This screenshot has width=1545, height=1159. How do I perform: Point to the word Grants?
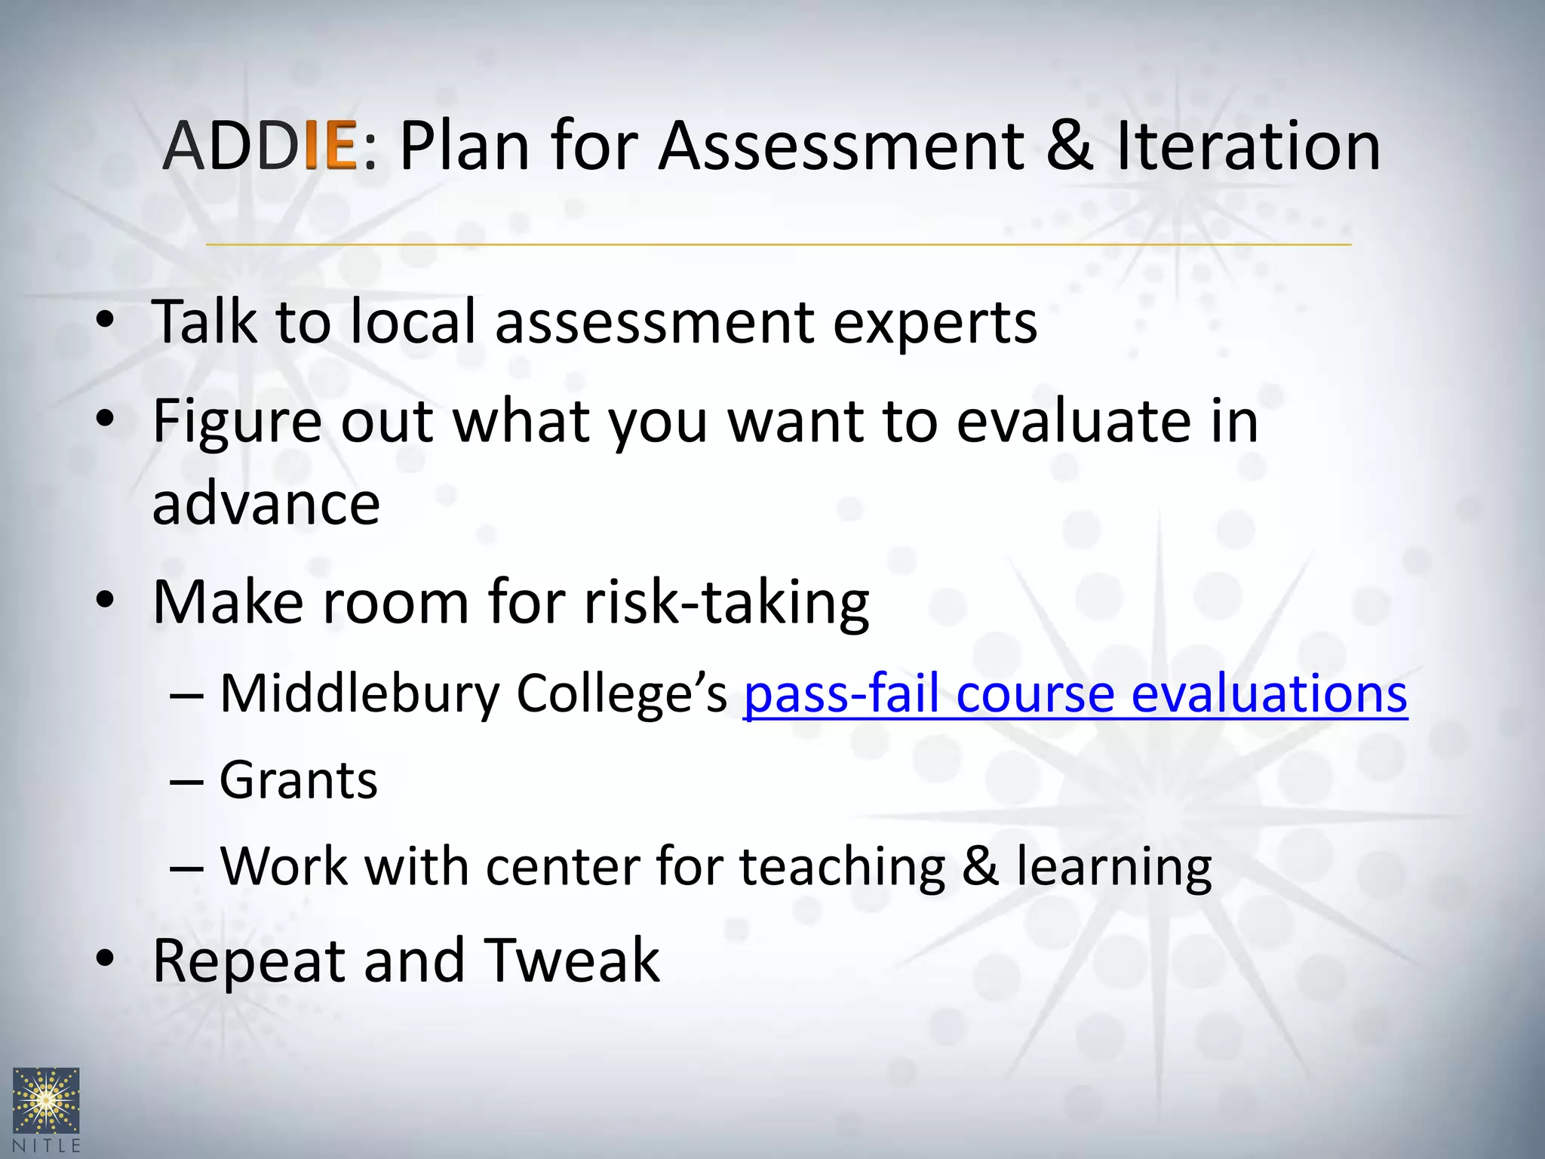[x=298, y=780]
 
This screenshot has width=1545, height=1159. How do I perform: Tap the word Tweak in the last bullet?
[x=571, y=960]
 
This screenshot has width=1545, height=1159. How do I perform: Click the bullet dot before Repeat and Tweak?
[x=105, y=958]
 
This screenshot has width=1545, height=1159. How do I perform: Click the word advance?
[x=266, y=504]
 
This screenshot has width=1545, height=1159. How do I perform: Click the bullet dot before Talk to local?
[x=105, y=321]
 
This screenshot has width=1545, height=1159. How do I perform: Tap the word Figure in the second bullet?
[x=237, y=421]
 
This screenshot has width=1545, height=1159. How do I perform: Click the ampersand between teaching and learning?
[x=980, y=866]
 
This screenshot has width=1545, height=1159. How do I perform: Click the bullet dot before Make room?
[x=105, y=601]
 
